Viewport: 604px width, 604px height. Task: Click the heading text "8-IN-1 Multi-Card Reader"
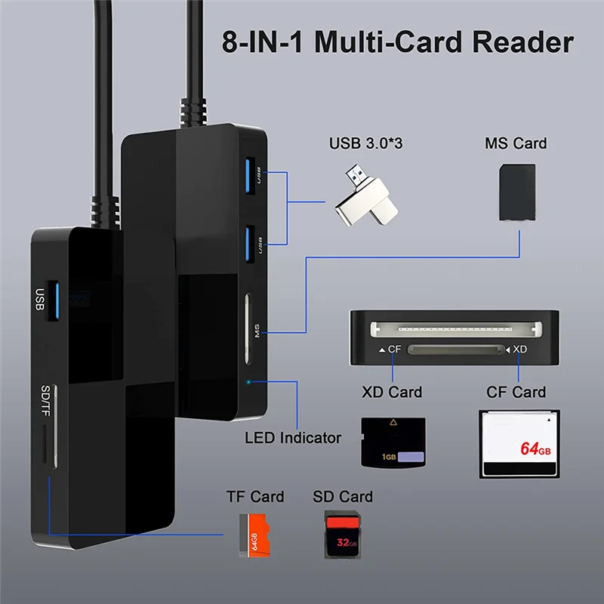(x=398, y=42)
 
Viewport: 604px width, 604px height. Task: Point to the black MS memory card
(x=517, y=193)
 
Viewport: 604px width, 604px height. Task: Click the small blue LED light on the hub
(x=249, y=381)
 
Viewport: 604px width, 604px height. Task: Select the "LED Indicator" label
(x=293, y=437)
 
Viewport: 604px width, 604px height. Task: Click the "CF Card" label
(x=517, y=392)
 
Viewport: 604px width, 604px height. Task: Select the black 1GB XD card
(x=393, y=443)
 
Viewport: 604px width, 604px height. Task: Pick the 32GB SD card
(x=343, y=535)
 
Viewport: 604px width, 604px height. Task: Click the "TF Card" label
(x=255, y=497)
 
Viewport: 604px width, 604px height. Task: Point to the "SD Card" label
(x=343, y=497)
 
